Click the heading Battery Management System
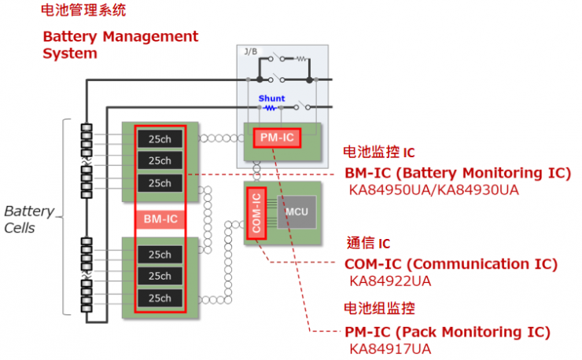pyautogui.click(x=120, y=45)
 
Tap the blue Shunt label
pyautogui.click(x=271, y=99)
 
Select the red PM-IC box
pyautogui.click(x=277, y=138)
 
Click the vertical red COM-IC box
pyautogui.click(x=256, y=212)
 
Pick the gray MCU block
pyautogui.click(x=296, y=212)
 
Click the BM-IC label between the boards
pyautogui.click(x=160, y=219)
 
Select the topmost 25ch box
pyautogui.click(x=160, y=139)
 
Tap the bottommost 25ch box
pyautogui.click(x=160, y=299)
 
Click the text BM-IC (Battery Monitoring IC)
pyautogui.click(x=458, y=174)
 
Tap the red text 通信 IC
pyautogui.click(x=368, y=244)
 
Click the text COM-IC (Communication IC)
pyautogui.click(x=451, y=264)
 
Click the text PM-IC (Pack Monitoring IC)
pyautogui.click(x=448, y=331)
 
